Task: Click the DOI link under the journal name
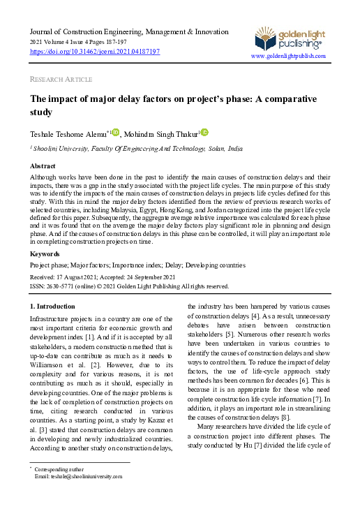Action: click(95, 52)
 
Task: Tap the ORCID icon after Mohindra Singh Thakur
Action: click(205, 132)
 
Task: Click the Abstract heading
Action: click(43, 167)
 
